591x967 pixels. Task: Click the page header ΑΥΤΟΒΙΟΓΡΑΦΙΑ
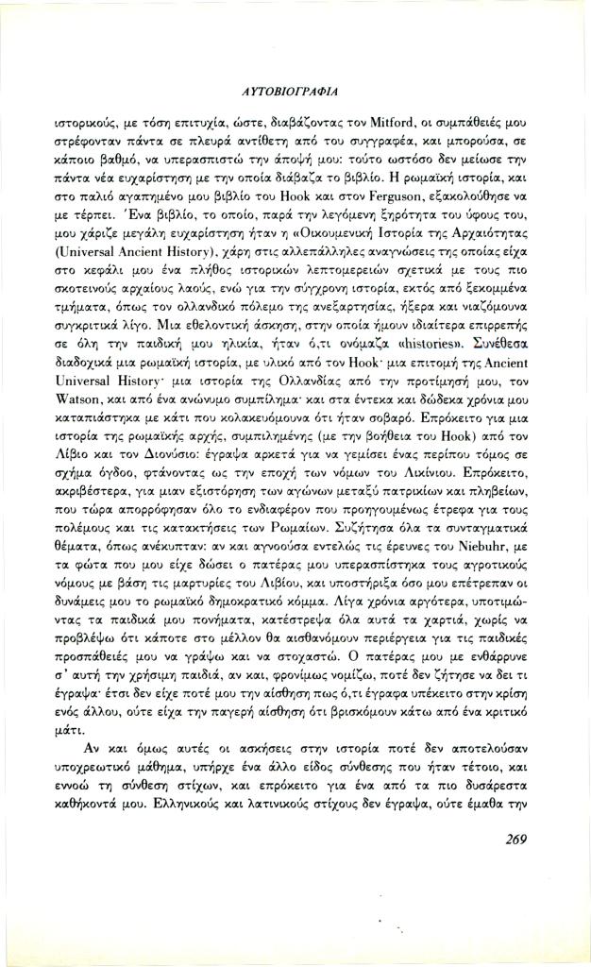pos(295,92)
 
